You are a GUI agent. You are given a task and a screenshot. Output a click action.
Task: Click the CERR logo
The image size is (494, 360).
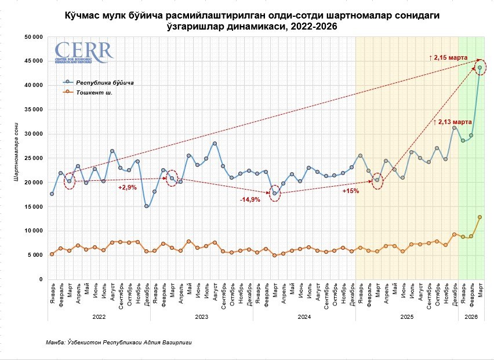point(83,53)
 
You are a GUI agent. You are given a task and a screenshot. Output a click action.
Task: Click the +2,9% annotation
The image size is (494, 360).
point(127,187)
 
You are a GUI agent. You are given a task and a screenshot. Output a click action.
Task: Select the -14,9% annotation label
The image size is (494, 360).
point(250,199)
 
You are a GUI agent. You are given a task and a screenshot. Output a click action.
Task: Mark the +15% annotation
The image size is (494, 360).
point(351,191)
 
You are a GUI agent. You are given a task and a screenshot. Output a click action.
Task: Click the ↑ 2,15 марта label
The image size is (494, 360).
point(450,58)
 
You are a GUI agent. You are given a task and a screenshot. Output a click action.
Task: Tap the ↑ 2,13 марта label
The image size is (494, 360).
point(453,122)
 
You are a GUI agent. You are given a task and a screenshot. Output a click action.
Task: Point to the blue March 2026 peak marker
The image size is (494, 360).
point(480,68)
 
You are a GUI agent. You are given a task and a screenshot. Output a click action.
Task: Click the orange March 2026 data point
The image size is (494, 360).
point(480,217)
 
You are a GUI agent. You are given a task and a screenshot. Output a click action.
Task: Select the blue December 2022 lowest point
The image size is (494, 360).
point(146,206)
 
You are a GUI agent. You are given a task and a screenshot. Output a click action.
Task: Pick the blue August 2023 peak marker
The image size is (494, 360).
point(215,143)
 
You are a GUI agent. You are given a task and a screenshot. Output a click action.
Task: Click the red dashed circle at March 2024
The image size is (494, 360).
point(275,193)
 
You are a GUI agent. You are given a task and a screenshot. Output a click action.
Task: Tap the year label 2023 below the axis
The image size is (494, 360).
point(201,317)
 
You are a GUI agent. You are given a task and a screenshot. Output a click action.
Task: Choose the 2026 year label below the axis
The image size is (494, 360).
point(471,317)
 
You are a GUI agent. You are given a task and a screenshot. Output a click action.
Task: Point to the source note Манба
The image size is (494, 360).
point(118,343)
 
